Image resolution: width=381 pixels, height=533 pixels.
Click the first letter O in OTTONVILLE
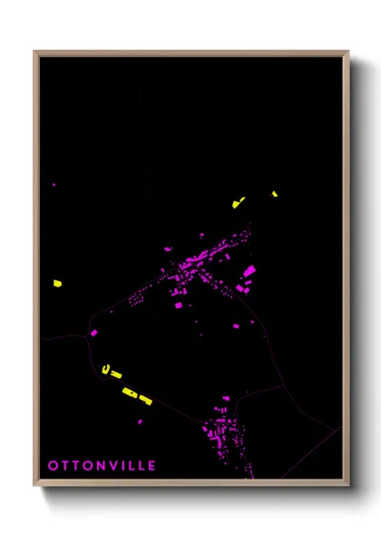(x=53, y=465)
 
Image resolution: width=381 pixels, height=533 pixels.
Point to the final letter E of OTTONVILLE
(x=151, y=465)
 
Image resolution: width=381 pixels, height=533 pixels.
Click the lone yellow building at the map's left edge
(x=56, y=284)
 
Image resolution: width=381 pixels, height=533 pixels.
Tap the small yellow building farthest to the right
(x=274, y=193)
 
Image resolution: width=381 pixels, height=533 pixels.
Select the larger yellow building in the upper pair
(x=240, y=202)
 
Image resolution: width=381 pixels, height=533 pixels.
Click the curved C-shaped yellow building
(x=106, y=368)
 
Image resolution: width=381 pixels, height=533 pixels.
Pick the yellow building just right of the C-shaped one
(x=116, y=373)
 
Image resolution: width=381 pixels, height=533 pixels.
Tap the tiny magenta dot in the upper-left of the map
(x=54, y=185)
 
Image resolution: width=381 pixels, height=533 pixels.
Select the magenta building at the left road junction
(x=93, y=333)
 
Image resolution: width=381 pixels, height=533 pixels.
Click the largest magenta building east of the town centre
(x=249, y=270)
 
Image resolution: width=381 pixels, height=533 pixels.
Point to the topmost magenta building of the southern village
(x=226, y=398)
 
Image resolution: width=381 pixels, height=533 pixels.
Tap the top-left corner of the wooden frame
(x=34, y=52)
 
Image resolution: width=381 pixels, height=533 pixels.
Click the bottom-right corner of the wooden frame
(x=348, y=487)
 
